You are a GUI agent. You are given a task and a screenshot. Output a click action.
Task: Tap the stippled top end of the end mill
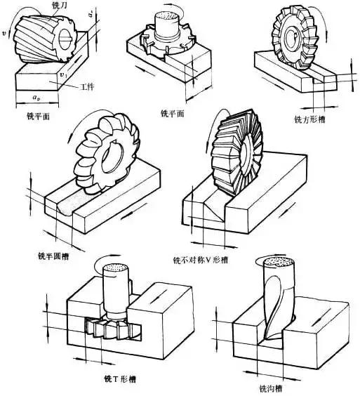point(275,264)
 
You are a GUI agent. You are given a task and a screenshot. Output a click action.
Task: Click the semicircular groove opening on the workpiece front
point(60,206)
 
